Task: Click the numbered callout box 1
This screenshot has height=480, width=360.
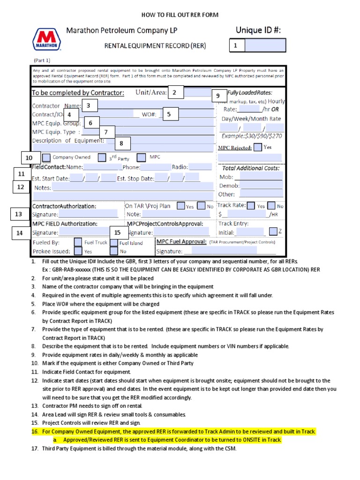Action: click(x=237, y=45)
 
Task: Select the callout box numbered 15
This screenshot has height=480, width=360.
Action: click(x=117, y=232)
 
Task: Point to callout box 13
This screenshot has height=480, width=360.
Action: click(x=19, y=214)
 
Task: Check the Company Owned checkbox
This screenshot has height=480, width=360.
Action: click(x=47, y=157)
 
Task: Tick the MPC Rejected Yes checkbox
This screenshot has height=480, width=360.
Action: click(x=258, y=148)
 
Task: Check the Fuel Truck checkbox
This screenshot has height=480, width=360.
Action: click(x=78, y=242)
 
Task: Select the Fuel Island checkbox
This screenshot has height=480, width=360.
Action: click(x=113, y=243)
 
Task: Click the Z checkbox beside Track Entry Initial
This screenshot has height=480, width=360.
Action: click(x=273, y=231)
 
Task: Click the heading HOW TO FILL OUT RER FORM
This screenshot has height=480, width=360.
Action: click(x=180, y=15)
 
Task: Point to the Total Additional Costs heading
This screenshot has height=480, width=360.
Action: click(x=251, y=168)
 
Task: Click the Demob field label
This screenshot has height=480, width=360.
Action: click(x=229, y=186)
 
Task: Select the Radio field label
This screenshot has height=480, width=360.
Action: click(x=180, y=167)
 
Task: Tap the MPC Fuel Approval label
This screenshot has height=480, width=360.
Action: click(x=181, y=241)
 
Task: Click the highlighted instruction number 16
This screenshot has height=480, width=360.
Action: click(x=34, y=431)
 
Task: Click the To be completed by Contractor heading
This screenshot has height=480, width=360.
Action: click(x=78, y=93)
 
